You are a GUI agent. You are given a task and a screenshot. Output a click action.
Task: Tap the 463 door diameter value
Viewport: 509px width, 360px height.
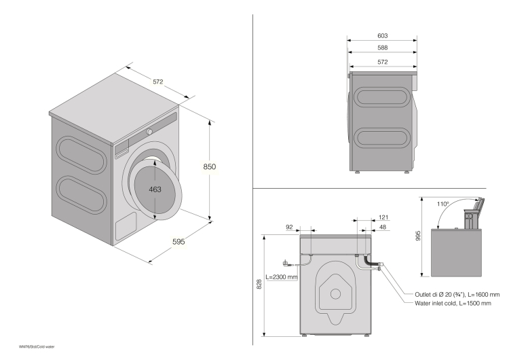[x=155, y=190]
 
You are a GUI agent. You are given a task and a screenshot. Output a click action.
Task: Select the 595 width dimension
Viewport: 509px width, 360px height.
[x=177, y=241]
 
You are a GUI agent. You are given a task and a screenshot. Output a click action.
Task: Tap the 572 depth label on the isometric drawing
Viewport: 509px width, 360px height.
[x=157, y=82]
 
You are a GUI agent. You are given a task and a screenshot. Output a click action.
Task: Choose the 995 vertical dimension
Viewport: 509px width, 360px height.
[x=419, y=236]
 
